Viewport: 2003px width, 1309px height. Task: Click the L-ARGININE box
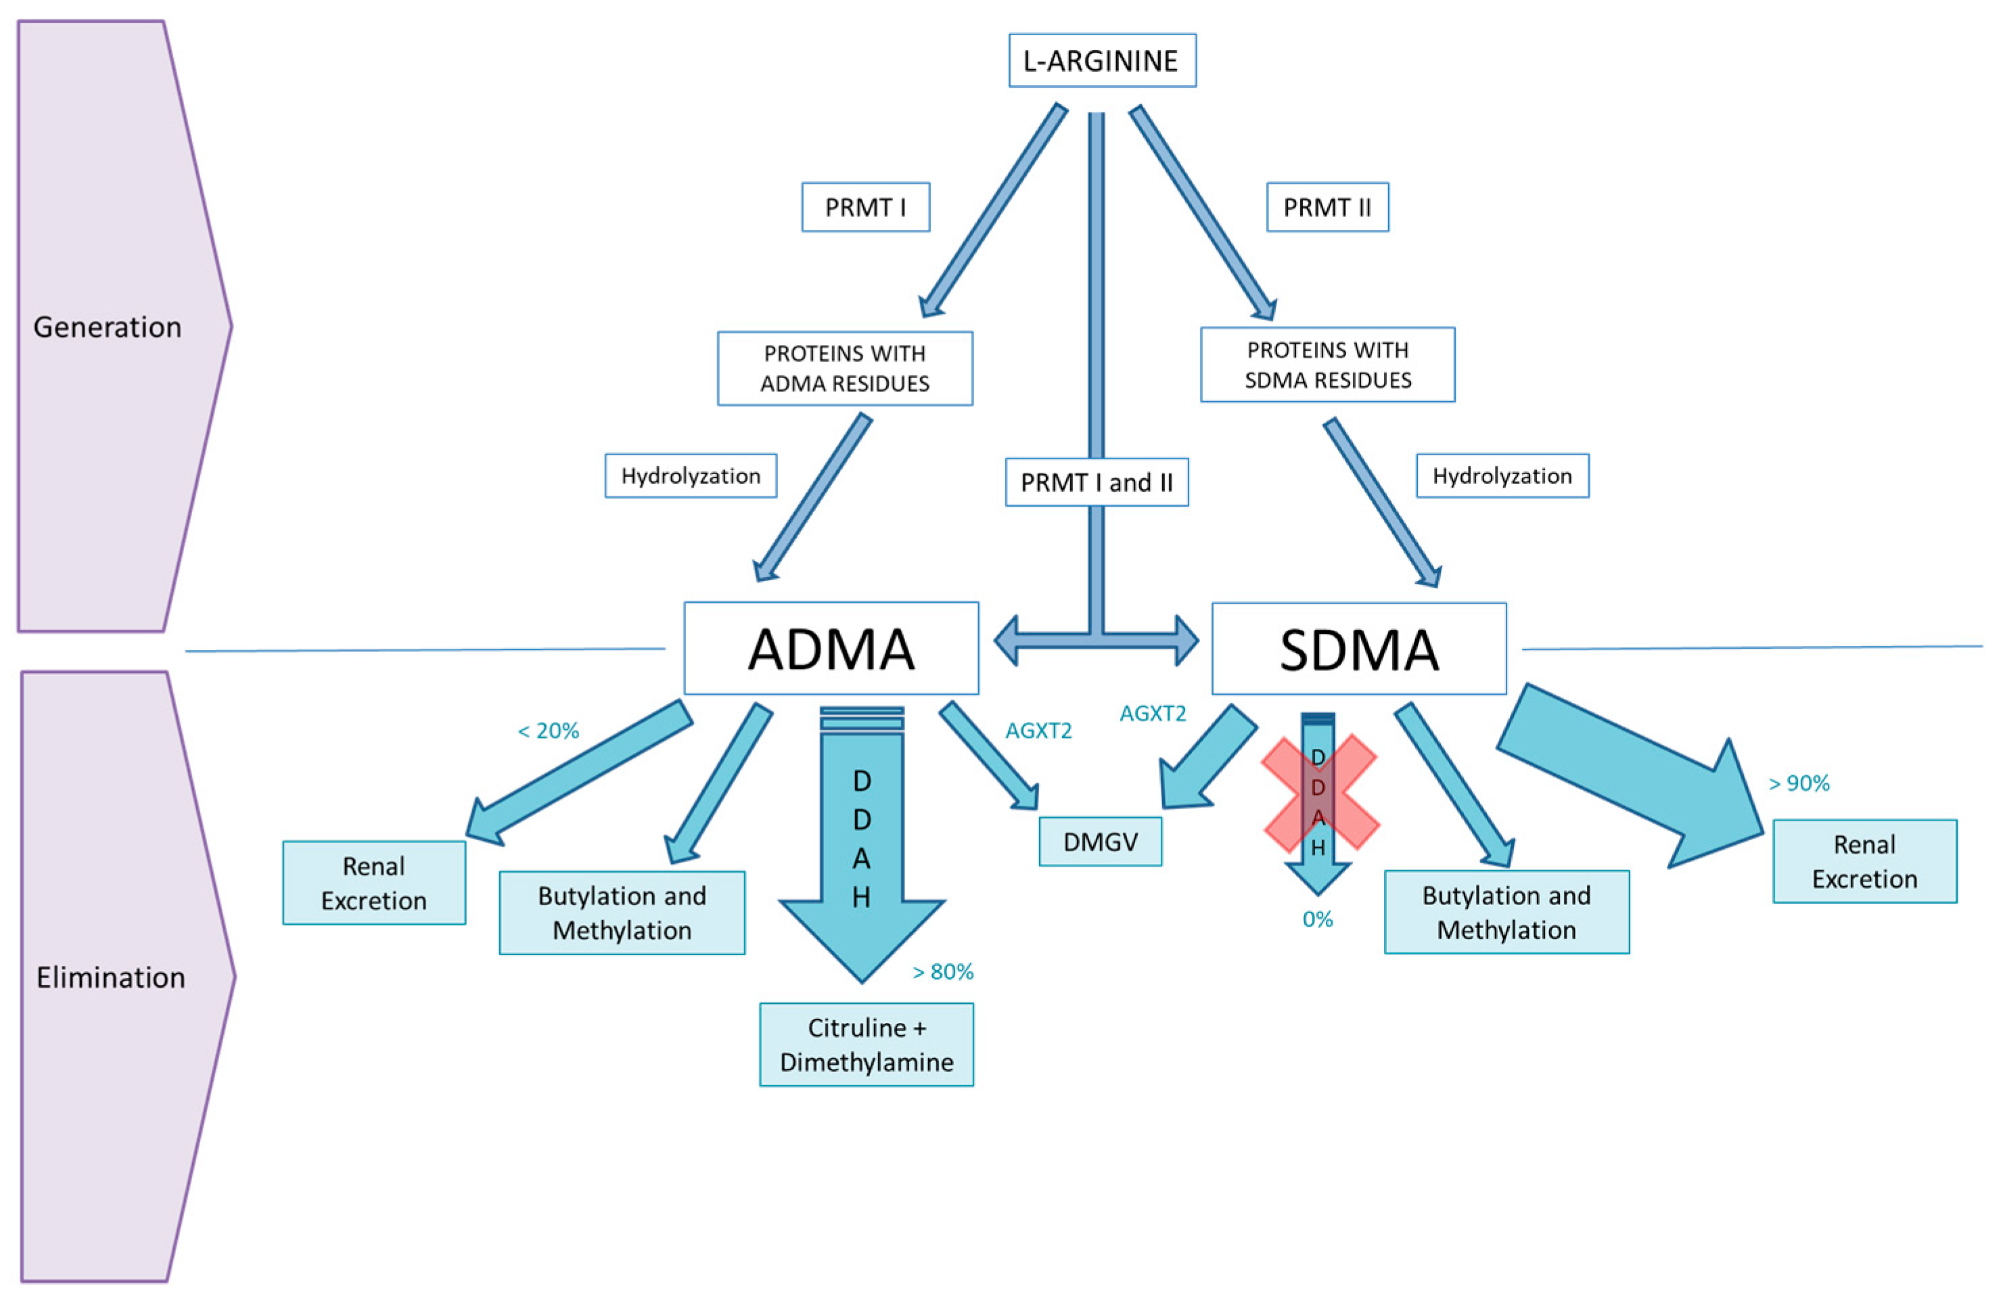coord(1102,61)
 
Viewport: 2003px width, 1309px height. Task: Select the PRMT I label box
coord(865,207)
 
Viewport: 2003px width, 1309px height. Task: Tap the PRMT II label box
coord(1327,207)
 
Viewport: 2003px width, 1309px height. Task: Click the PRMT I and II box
coord(1097,482)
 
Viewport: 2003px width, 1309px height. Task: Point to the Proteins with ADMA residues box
coord(845,369)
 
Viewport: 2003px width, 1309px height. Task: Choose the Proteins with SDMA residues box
coord(1327,365)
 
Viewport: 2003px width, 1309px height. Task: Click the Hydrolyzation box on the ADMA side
coord(690,476)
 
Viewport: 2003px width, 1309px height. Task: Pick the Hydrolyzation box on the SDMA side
coord(1502,476)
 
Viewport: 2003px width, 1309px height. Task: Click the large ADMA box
coord(831,648)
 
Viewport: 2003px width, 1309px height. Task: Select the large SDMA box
coord(1358,649)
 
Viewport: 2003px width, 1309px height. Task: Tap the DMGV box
coord(1100,842)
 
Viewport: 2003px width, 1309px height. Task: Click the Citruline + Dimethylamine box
coord(866,1044)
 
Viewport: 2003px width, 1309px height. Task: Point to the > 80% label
coord(942,972)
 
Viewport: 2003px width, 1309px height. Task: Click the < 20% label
coord(548,731)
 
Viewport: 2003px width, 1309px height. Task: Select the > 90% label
coord(1799,784)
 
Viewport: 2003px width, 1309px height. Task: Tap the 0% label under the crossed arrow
coord(1317,919)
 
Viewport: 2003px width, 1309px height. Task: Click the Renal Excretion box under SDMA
coord(1864,861)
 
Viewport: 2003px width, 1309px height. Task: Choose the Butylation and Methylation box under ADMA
coord(622,913)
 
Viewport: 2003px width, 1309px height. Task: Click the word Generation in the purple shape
coord(107,327)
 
